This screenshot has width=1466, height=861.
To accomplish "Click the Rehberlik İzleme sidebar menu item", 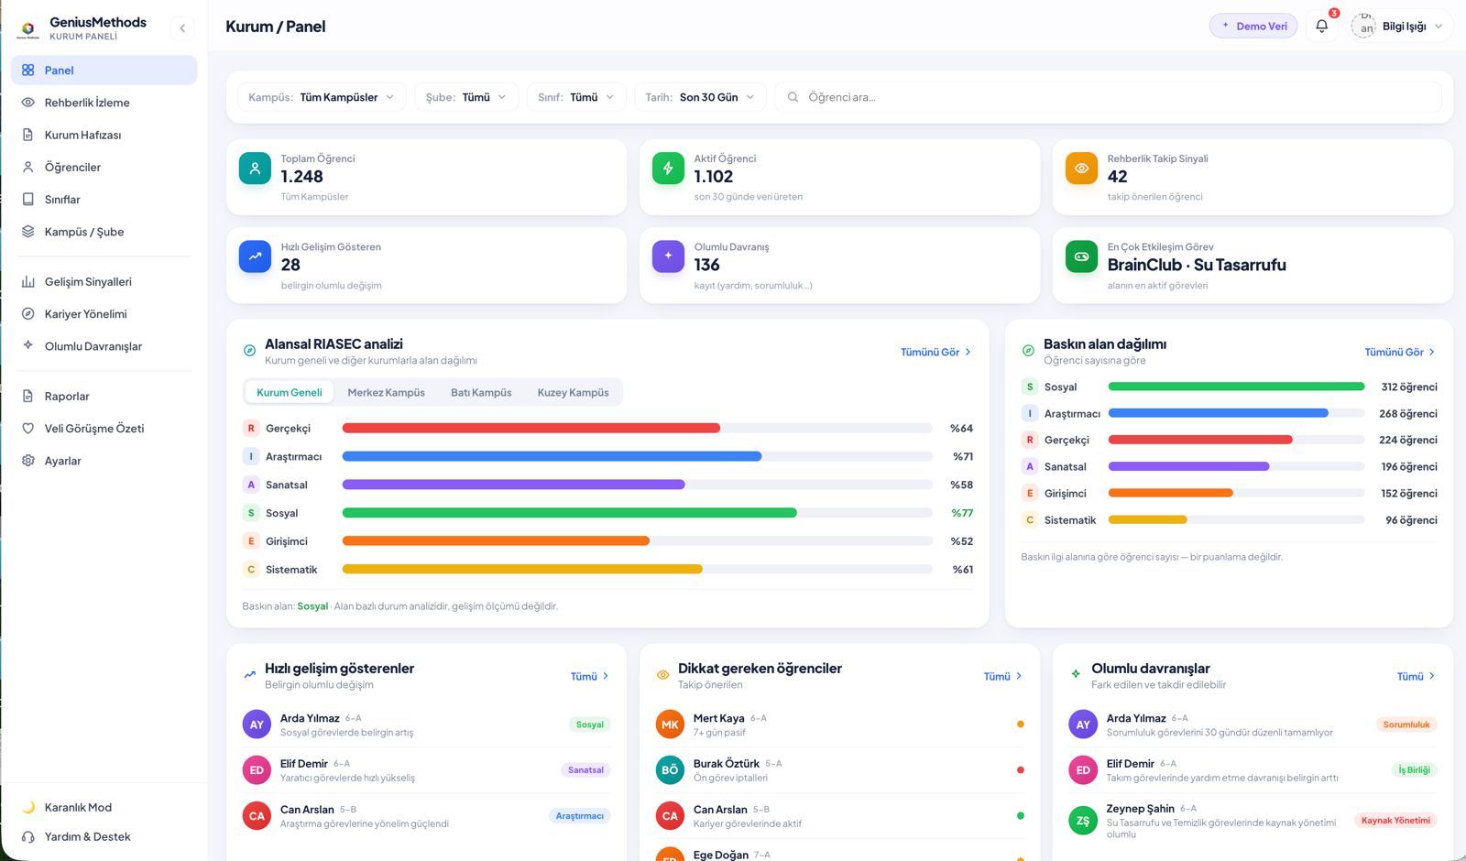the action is (86, 102).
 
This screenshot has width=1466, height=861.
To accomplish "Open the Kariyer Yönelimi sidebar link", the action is (85, 313).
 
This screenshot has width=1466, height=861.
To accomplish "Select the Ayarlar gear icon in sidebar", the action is (27, 461).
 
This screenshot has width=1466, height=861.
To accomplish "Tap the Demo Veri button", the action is (1253, 27).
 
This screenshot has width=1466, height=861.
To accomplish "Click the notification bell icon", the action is (1321, 27).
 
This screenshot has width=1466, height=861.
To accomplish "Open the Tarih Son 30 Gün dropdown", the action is (700, 97).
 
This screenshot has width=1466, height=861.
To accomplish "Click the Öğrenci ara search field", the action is (1108, 97).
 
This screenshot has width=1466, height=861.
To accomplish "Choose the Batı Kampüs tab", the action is (481, 392).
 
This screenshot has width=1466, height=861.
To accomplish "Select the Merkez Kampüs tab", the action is (386, 392).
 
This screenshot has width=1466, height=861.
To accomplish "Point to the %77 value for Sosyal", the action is (961, 513).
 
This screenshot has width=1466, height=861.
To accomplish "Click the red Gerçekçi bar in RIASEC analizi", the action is (531, 428).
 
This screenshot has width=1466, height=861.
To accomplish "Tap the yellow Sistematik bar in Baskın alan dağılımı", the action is (1147, 519).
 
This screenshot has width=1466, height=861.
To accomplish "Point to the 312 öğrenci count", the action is (1409, 387).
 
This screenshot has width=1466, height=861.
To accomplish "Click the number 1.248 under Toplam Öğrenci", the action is (301, 176).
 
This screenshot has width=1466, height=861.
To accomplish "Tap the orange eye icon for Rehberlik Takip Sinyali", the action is (1081, 169).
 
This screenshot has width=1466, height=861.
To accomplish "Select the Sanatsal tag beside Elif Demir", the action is (585, 770).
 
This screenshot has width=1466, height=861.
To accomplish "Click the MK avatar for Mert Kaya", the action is (670, 725).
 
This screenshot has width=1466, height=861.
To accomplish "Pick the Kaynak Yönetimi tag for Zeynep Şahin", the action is (1395, 821).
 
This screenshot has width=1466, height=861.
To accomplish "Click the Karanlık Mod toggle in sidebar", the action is (77, 807).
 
